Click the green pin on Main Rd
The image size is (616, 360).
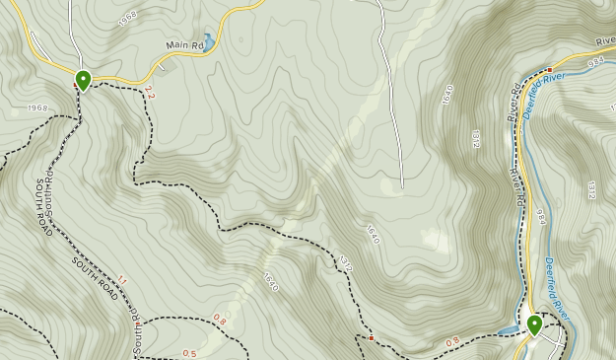tap(84, 80)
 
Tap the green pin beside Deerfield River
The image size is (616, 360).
tap(534, 324)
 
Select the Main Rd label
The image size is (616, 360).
tap(184, 45)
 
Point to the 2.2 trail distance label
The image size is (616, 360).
tap(149, 93)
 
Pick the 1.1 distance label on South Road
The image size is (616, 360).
tap(121, 280)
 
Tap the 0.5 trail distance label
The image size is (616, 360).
tap(189, 354)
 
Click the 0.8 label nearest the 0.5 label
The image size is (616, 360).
tap(219, 320)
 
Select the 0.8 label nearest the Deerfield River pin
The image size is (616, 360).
tap(452, 341)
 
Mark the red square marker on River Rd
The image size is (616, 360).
tap(549, 69)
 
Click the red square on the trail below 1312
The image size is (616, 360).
tap(372, 338)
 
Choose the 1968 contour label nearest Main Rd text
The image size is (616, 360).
tap(126, 20)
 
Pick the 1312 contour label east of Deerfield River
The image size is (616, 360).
tap(592, 188)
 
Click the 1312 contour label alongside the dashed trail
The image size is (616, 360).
tap(345, 264)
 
